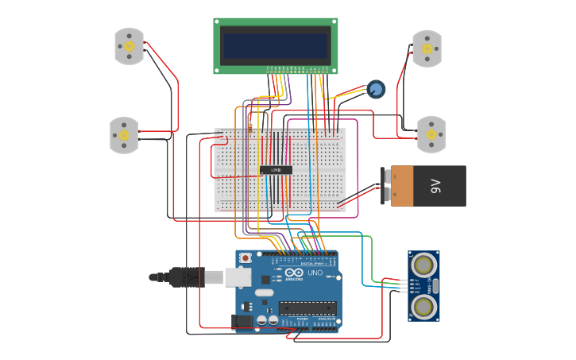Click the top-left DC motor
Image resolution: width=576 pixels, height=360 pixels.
point(129,46)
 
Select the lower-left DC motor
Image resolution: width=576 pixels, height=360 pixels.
point(123,134)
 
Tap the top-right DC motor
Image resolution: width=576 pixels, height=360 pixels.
point(427,48)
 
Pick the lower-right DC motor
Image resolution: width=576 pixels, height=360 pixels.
point(431,134)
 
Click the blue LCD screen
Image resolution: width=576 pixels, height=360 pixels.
point(275,45)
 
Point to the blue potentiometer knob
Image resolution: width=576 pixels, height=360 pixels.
point(376,89)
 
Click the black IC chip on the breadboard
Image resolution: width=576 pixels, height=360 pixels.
point(276,170)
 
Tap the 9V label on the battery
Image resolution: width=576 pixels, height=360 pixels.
point(435,187)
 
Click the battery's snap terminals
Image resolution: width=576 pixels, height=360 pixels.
point(386,184)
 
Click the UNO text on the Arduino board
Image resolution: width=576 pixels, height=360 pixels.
point(315,273)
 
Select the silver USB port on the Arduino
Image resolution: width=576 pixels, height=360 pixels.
point(238,277)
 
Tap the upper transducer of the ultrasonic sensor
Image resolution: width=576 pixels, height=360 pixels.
point(424,263)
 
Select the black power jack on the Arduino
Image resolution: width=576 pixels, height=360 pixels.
point(242,321)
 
